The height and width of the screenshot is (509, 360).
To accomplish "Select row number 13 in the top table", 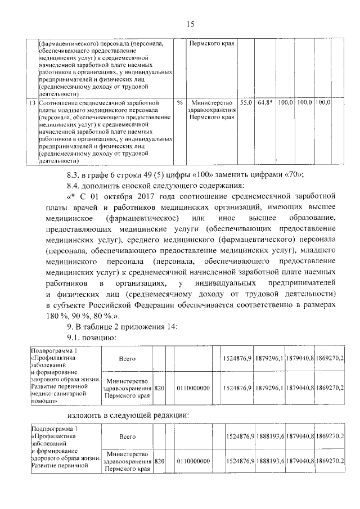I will (33, 103).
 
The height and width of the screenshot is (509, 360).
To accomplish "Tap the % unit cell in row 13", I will (180, 103).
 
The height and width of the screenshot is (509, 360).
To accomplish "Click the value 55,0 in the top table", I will (246, 103).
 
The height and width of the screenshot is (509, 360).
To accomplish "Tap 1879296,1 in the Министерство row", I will (269, 388).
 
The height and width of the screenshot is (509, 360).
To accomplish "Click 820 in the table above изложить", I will (159, 388).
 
